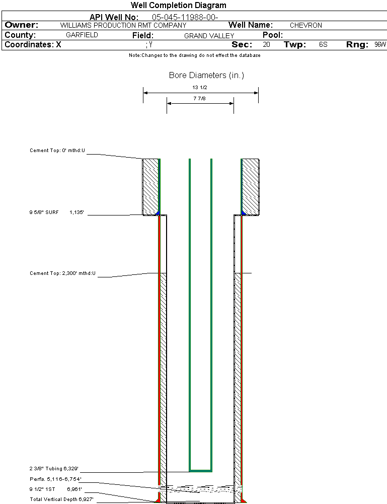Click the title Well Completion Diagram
click(178, 6)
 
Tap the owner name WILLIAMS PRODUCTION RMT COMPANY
click(123, 25)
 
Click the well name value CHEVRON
click(305, 25)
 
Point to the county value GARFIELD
click(82, 35)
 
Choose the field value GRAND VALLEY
click(209, 36)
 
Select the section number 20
click(266, 45)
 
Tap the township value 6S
click(323, 45)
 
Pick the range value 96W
click(380, 45)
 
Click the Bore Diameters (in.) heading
click(206, 76)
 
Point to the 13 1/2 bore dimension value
click(200, 88)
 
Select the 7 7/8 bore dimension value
click(200, 99)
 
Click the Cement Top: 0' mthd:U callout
click(57, 150)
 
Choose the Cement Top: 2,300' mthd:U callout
click(62, 273)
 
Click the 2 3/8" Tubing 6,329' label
click(54, 468)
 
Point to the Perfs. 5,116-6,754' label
click(55, 479)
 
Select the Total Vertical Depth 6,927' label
click(61, 499)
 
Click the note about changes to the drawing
click(194, 55)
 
